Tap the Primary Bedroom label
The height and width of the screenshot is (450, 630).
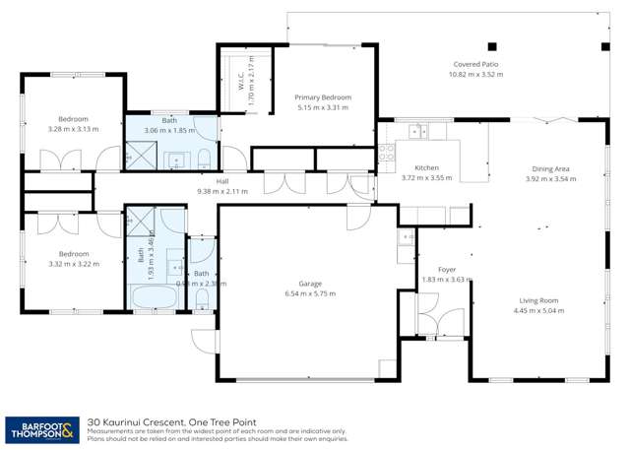click(324, 97)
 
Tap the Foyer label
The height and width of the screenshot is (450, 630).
click(434, 269)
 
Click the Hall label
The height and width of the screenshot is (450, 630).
click(222, 181)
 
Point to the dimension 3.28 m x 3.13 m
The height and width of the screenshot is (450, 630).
click(73, 128)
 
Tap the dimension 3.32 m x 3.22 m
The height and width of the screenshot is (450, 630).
click(74, 264)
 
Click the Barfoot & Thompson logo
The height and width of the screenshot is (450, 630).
click(42, 429)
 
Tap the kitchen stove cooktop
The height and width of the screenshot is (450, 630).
click(388, 153)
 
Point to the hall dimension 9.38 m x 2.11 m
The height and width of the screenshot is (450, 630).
click(222, 191)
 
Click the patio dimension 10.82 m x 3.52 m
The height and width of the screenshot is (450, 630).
click(475, 74)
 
